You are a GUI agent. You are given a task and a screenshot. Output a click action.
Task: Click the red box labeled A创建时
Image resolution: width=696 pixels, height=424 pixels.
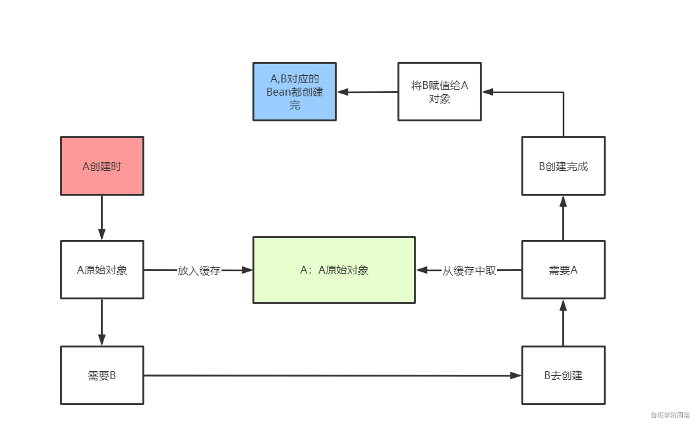pos(102,166)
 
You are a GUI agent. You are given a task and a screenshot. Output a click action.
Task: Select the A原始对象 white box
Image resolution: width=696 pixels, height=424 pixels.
pos(102,270)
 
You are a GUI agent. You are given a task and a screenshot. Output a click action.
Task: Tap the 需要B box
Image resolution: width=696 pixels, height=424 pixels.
pos(102,375)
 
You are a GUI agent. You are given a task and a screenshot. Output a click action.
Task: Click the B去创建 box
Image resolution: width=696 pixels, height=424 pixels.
pos(563,375)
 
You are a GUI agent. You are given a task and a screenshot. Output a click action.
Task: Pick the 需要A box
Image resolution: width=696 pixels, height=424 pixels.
pos(563,270)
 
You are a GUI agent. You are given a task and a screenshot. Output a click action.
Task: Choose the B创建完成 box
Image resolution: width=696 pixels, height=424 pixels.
pos(563,166)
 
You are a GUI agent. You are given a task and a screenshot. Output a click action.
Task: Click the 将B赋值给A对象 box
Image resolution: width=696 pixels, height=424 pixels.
pos(439,92)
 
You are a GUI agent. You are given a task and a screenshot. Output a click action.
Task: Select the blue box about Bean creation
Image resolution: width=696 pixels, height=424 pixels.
pos(295,92)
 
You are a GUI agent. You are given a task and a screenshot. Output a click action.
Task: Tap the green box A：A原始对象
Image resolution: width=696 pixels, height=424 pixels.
pos(334,270)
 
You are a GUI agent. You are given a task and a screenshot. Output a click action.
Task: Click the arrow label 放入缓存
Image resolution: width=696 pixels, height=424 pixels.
pos(198,270)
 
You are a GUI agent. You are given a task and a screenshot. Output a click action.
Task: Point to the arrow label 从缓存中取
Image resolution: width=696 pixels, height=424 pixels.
pos(469,270)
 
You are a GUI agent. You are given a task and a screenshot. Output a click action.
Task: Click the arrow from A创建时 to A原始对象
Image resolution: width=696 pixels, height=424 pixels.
pos(102,218)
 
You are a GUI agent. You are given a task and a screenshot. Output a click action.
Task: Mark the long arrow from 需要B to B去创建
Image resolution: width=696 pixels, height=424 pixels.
pos(330,376)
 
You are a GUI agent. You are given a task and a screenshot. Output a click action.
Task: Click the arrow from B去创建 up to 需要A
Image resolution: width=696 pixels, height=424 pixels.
pos(563,322)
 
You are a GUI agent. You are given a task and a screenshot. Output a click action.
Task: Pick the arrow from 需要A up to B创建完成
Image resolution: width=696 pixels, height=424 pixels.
pos(563,218)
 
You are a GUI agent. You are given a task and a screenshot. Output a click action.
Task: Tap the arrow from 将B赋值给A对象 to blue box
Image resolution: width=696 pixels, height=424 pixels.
pos(367,92)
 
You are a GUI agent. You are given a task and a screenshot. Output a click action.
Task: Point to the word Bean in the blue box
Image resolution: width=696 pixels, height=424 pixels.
pos(278,92)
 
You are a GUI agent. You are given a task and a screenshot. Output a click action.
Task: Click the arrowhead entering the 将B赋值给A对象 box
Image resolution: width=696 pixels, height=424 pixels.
pos(487,92)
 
